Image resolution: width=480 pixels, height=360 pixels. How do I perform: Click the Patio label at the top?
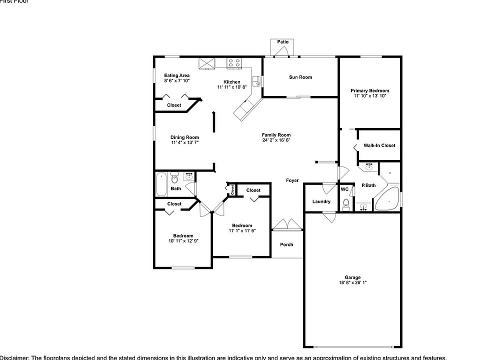(282, 42)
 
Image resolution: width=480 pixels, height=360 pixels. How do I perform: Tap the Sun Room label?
(300, 77)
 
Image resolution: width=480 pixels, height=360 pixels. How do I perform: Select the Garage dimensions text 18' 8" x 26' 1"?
(352, 283)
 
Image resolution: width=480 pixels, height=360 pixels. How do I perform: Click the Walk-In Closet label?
(379, 145)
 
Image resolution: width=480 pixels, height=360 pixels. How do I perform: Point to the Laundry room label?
(321, 201)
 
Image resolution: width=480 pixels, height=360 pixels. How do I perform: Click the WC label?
(344, 189)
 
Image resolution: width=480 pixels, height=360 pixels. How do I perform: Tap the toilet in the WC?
(346, 204)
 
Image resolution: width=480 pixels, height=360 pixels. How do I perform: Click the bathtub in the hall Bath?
(161, 184)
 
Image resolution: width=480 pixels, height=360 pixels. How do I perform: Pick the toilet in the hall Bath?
(175, 178)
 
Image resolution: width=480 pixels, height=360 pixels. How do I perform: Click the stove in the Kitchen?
(234, 63)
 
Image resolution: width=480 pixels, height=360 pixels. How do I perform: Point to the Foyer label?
(292, 180)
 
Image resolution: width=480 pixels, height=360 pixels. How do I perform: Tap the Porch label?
(286, 244)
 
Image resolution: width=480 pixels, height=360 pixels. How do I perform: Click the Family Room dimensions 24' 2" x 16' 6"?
(276, 140)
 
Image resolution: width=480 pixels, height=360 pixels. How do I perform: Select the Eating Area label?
(177, 75)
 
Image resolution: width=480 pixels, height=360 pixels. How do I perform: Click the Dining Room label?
(184, 137)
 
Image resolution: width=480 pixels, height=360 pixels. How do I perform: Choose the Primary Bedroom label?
(370, 90)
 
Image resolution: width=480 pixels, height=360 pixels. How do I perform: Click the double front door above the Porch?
(287, 225)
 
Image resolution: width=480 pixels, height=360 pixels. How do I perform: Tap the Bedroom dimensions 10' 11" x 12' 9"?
(183, 241)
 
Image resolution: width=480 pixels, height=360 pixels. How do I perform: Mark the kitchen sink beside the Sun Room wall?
(257, 80)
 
